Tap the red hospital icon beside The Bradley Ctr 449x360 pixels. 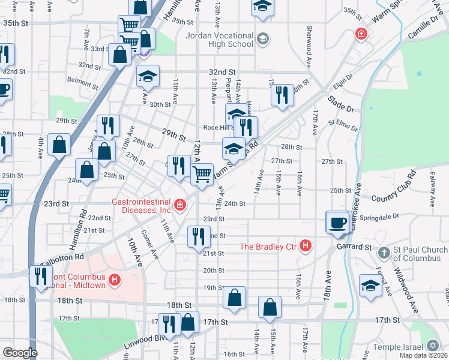[306, 245]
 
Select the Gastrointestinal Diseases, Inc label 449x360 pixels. [142, 206]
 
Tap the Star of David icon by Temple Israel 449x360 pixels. [433, 346]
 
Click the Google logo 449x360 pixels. [20, 353]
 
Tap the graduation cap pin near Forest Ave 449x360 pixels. [370, 286]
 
